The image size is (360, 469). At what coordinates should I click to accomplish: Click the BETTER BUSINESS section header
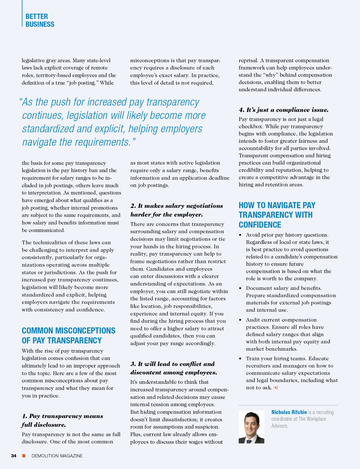tap(40, 20)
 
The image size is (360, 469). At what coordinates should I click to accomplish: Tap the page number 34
tap(14, 456)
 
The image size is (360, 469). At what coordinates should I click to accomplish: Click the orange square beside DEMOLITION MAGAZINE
tap(24, 456)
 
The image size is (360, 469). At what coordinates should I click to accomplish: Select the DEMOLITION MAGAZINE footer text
tap(57, 456)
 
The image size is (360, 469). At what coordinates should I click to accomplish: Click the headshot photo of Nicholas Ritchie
tap(251, 427)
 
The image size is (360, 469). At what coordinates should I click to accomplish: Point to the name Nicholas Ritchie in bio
tap(289, 412)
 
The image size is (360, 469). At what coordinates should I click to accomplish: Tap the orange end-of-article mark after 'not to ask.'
tap(276, 388)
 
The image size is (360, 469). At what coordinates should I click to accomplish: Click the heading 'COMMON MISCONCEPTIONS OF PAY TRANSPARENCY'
tap(69, 336)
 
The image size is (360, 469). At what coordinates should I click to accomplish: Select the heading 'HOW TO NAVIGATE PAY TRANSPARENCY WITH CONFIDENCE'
tap(277, 215)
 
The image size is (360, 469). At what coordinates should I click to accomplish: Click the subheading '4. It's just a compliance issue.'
tap(284, 110)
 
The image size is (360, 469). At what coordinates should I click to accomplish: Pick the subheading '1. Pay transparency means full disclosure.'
tap(62, 420)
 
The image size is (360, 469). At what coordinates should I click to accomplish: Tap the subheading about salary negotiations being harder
tap(177, 210)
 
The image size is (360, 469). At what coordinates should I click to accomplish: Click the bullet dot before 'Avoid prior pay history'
tap(240, 235)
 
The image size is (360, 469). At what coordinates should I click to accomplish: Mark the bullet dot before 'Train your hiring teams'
tap(240, 359)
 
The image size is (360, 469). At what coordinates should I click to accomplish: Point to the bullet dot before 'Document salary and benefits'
tap(240, 288)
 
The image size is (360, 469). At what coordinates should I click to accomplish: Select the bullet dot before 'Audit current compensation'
tap(240, 320)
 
